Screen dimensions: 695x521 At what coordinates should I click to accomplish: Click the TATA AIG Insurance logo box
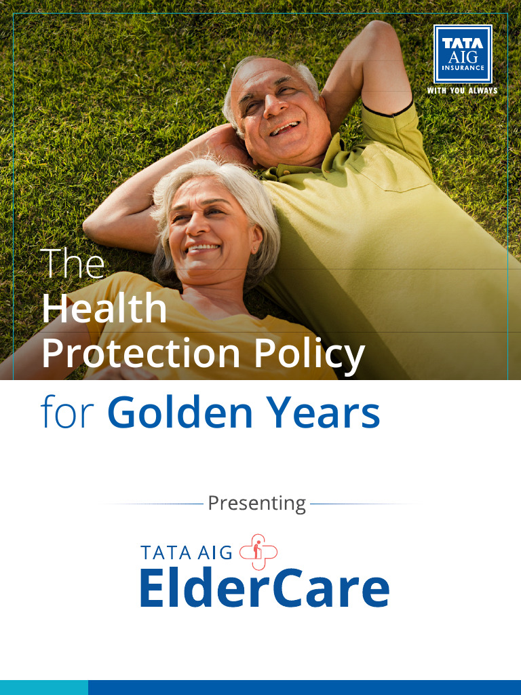(462, 54)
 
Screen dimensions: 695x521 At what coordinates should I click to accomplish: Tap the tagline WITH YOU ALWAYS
(462, 90)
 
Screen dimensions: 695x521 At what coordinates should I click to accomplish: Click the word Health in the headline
(104, 309)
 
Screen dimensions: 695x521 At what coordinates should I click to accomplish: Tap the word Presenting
(256, 504)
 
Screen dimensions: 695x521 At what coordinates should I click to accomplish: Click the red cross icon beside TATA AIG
(258, 552)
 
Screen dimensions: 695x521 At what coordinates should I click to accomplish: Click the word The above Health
(73, 263)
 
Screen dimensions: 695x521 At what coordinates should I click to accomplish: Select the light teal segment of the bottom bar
(43, 687)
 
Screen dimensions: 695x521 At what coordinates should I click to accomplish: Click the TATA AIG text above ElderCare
(186, 552)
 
